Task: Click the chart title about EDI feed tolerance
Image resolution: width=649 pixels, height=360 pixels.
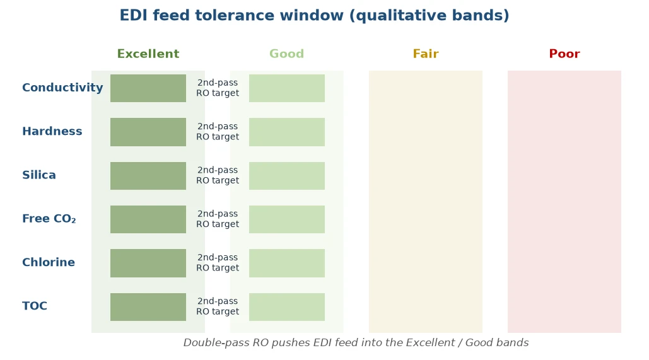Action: click(314, 15)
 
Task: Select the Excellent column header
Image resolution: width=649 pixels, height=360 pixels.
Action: click(148, 54)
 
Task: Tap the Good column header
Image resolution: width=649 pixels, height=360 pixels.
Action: click(287, 54)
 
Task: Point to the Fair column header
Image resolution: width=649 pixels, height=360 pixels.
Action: click(426, 54)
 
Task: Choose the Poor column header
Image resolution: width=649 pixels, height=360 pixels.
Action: click(564, 54)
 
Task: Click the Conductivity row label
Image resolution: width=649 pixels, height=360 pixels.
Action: click(62, 88)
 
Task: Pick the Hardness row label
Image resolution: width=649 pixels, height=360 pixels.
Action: click(52, 131)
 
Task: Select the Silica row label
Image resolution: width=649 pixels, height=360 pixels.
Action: click(39, 175)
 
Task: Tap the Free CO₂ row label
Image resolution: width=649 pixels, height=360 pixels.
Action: click(49, 219)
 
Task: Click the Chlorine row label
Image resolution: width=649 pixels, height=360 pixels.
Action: click(49, 262)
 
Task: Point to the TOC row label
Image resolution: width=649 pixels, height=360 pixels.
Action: click(34, 306)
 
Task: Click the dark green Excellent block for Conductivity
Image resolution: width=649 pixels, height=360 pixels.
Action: click(148, 88)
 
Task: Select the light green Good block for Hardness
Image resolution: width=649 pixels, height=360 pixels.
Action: click(287, 132)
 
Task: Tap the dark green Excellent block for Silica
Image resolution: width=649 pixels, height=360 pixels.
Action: click(148, 176)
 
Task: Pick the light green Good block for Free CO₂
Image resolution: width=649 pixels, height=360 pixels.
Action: click(287, 219)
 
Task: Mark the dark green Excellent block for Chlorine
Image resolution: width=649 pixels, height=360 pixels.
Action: click(148, 263)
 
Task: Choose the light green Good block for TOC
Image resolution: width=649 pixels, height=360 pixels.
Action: click(287, 307)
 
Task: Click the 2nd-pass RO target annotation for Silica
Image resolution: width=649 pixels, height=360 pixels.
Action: click(218, 175)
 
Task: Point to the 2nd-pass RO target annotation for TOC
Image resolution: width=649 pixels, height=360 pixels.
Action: click(218, 306)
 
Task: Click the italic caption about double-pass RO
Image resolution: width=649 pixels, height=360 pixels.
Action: click(356, 342)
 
